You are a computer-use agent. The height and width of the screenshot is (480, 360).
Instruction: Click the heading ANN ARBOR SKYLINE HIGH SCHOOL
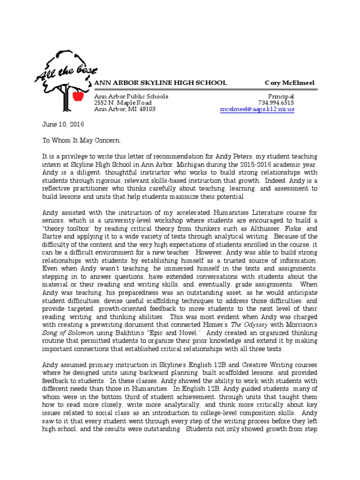point(161,83)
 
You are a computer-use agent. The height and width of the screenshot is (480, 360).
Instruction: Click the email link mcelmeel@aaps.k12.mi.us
point(257,109)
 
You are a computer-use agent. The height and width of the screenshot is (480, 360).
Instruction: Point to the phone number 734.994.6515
point(276,103)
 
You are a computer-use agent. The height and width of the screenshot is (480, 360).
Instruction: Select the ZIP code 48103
point(147,109)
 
